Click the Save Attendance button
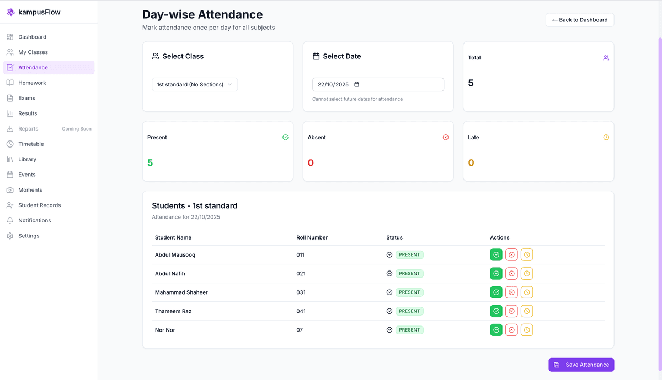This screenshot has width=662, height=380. pos(581,365)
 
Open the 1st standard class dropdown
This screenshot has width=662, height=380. pos(195,84)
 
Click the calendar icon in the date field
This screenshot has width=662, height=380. pos(356,84)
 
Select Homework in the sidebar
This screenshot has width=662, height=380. pos(32,83)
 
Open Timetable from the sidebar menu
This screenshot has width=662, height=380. pos(31,144)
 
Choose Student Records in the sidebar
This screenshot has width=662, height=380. pos(39,205)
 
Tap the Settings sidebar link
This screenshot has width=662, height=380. pos(29,236)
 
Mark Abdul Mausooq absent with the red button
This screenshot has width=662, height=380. pos(511,255)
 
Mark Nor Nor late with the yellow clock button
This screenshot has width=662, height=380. pos(527,330)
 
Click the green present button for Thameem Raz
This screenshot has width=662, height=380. pos(496,311)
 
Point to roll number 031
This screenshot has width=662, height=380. pos(301,292)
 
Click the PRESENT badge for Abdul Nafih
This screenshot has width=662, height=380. pos(409,274)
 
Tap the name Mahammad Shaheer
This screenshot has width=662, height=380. pos(181,292)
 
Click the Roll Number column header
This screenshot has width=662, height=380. pos(312,237)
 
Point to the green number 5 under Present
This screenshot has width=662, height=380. pos(150,163)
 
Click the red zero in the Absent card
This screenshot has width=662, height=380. pos(311,163)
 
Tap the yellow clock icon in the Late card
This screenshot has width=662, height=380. pos(606,137)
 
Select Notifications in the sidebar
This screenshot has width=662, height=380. pos(34,220)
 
